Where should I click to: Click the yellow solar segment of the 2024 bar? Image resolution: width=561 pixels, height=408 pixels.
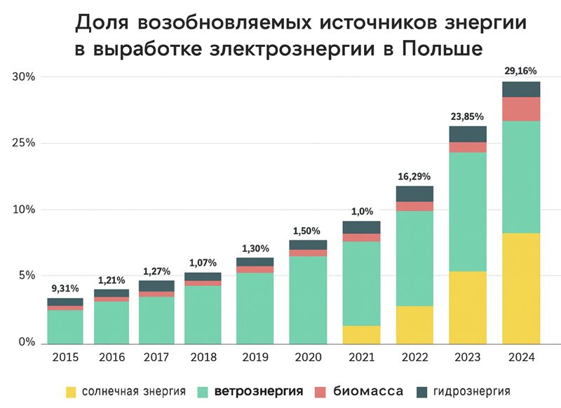[x=521, y=287]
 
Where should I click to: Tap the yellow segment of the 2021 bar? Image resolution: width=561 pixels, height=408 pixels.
[x=361, y=334]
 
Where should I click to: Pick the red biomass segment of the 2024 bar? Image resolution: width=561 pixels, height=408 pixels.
[x=521, y=109]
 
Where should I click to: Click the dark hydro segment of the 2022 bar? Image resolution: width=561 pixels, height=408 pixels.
[x=414, y=193]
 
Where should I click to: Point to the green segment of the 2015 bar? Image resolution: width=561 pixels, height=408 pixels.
[x=65, y=326]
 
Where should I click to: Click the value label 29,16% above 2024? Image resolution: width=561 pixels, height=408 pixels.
[x=521, y=71]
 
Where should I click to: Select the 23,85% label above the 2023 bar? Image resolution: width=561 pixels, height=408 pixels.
[x=468, y=116]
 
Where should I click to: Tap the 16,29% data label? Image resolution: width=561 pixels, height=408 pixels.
[x=414, y=176]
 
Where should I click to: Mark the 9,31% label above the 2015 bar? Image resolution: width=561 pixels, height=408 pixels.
[x=65, y=287]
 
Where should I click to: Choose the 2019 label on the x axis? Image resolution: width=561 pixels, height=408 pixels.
[x=255, y=357]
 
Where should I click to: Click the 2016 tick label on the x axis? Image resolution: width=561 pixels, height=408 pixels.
[x=111, y=357]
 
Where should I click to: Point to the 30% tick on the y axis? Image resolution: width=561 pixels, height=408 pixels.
[x=23, y=76]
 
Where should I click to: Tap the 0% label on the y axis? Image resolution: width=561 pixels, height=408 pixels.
[x=27, y=343]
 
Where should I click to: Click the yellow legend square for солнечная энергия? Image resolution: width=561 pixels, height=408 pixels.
[x=71, y=391]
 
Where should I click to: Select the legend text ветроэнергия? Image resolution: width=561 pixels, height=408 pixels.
[x=259, y=391]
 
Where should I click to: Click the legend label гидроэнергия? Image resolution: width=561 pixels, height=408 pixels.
[x=471, y=391]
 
